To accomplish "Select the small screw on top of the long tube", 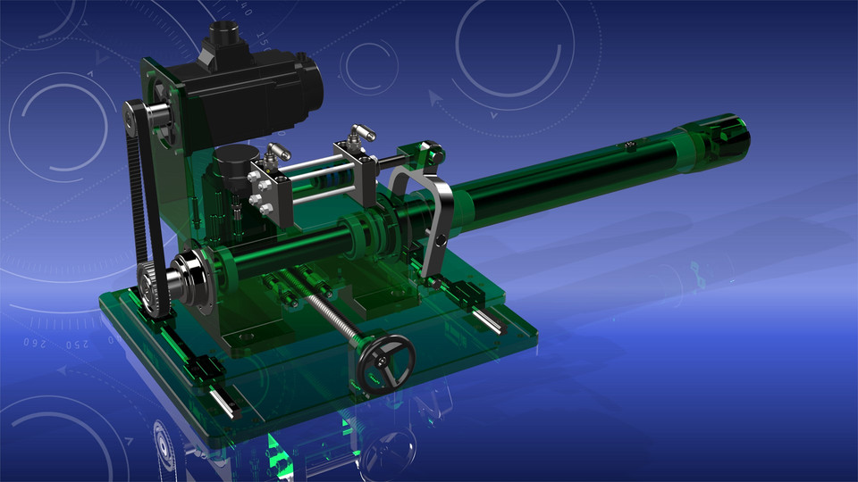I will click(631, 145).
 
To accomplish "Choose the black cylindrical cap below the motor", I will click(234, 163).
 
